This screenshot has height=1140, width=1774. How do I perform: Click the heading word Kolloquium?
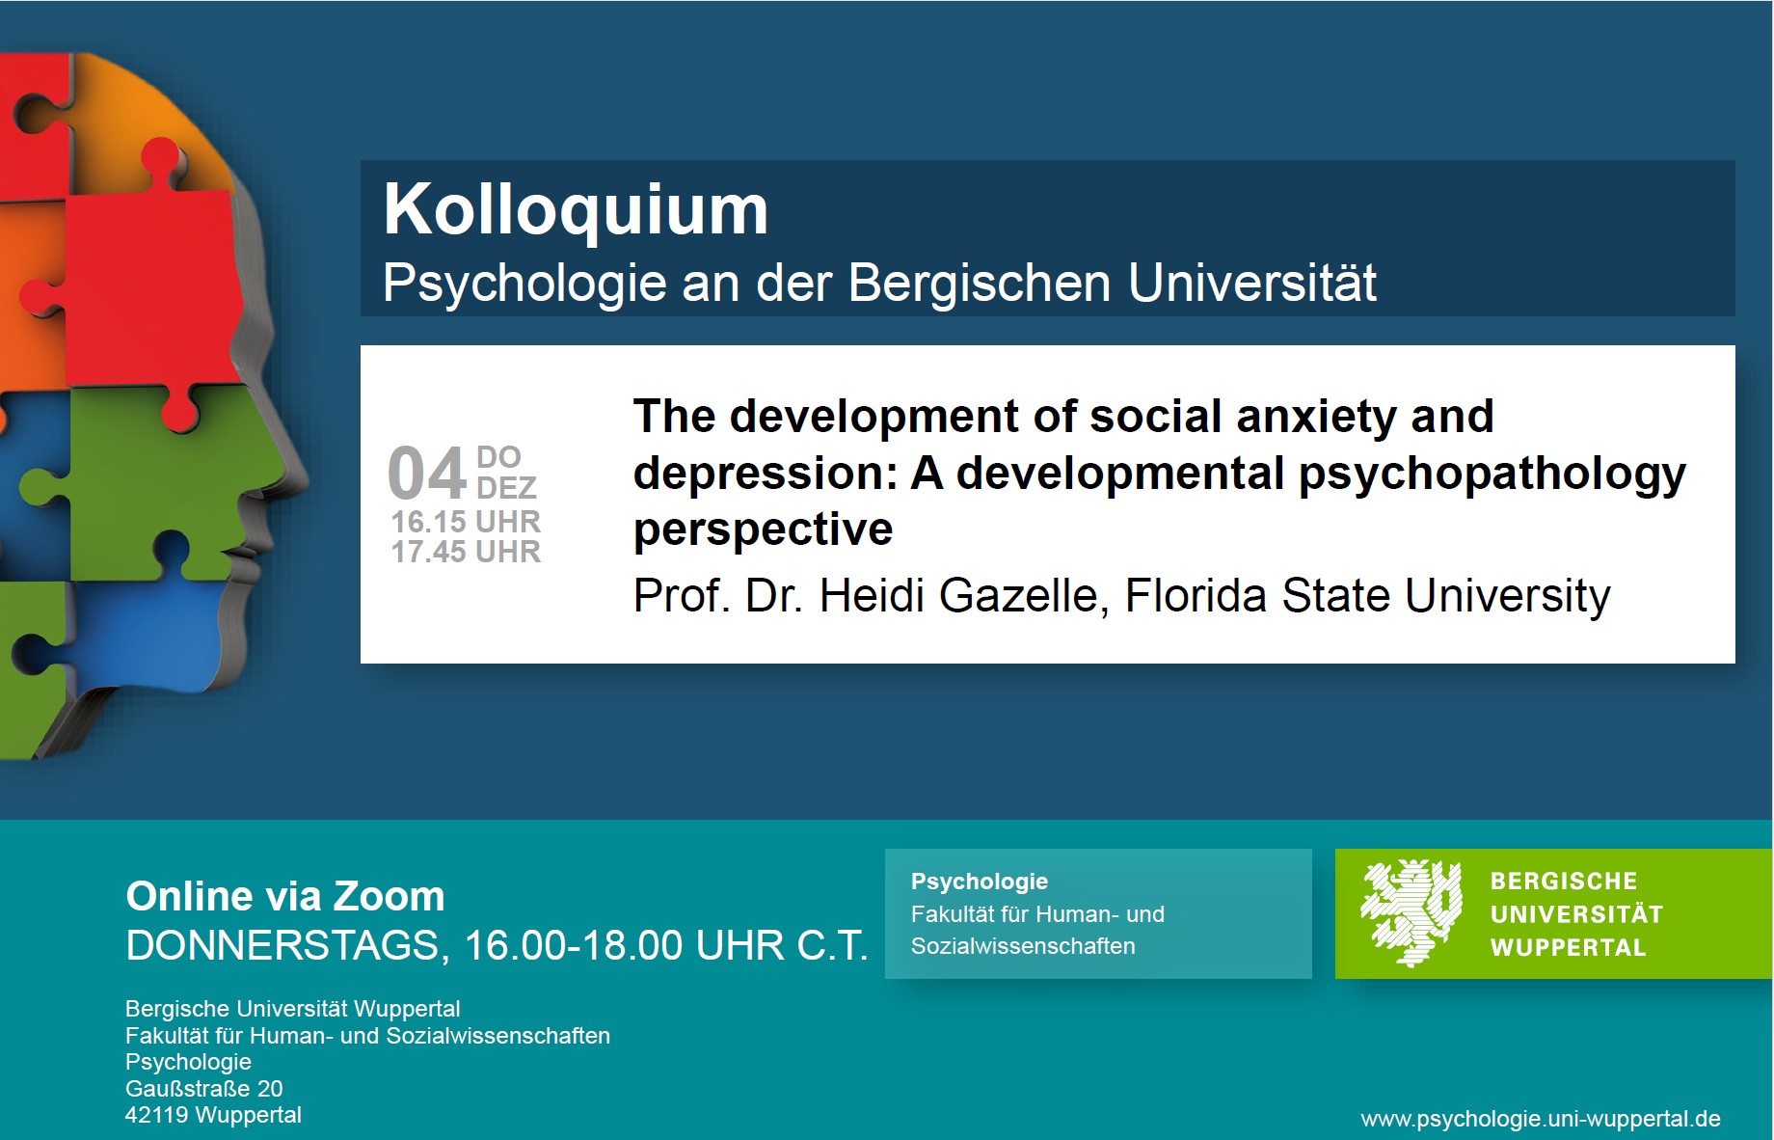click(576, 209)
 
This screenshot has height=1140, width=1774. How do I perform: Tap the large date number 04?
click(427, 474)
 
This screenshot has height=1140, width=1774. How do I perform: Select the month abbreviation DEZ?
click(506, 487)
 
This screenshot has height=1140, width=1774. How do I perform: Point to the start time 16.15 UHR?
click(466, 522)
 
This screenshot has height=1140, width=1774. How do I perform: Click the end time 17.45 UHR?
click(466, 552)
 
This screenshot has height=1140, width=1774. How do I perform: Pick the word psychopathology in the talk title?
click(1492, 475)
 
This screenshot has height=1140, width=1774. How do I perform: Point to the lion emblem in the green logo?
click(1411, 913)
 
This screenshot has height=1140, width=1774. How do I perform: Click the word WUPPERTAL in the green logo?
click(1568, 948)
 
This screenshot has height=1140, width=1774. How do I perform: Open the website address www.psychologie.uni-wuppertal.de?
click(1541, 1119)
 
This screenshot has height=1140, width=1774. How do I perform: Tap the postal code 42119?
click(156, 1115)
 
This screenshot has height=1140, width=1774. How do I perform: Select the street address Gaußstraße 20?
click(204, 1089)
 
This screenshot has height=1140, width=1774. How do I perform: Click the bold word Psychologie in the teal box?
click(980, 882)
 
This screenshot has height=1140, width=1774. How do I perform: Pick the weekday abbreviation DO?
click(498, 457)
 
